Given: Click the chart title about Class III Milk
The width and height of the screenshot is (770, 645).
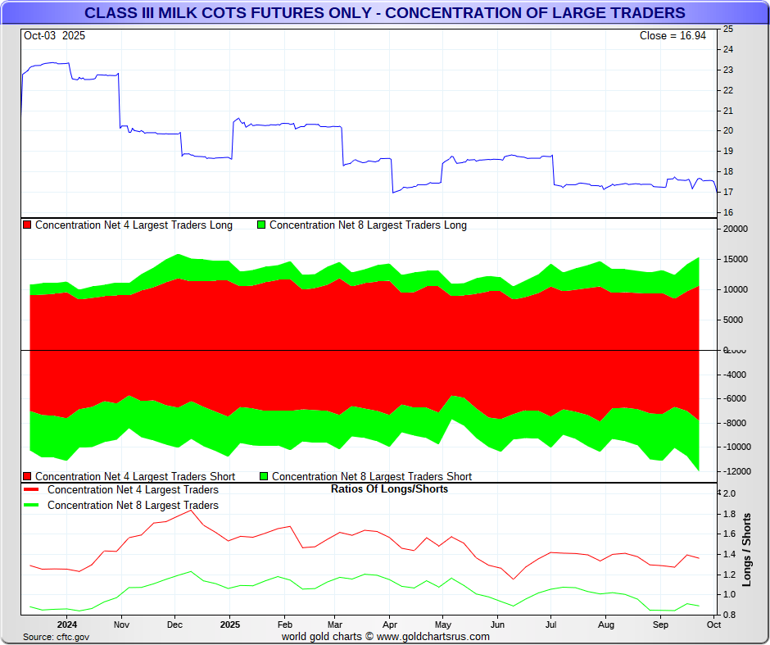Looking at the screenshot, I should tap(385, 13).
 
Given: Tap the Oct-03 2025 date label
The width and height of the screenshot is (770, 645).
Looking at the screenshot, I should tap(54, 36).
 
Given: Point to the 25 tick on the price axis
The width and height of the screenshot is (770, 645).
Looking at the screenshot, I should tap(727, 29).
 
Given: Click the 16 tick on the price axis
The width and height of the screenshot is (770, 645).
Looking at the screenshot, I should tap(727, 212).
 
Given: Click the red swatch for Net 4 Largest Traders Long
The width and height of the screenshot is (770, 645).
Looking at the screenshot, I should tap(27, 225).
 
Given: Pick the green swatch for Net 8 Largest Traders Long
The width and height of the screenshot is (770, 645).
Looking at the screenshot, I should tap(261, 225).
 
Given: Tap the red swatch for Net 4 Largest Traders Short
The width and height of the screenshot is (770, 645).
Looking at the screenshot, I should tap(27, 476).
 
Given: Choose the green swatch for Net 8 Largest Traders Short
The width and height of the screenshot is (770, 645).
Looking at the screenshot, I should tap(264, 476).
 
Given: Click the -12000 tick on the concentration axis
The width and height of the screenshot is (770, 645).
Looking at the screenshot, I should tap(737, 471).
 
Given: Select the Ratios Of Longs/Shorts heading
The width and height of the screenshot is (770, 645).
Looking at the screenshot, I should tap(389, 489).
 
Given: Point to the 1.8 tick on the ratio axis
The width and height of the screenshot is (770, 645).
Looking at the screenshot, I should tap(729, 514).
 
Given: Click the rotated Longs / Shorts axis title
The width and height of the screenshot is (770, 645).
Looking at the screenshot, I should tap(747, 549).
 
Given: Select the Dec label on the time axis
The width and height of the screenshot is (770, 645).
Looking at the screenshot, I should tap(174, 624).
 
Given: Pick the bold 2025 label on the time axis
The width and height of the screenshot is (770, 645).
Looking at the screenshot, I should tap(229, 624).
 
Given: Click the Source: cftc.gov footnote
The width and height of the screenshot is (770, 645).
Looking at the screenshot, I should tap(57, 637).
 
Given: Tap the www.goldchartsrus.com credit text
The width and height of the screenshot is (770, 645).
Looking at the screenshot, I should tap(433, 637).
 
